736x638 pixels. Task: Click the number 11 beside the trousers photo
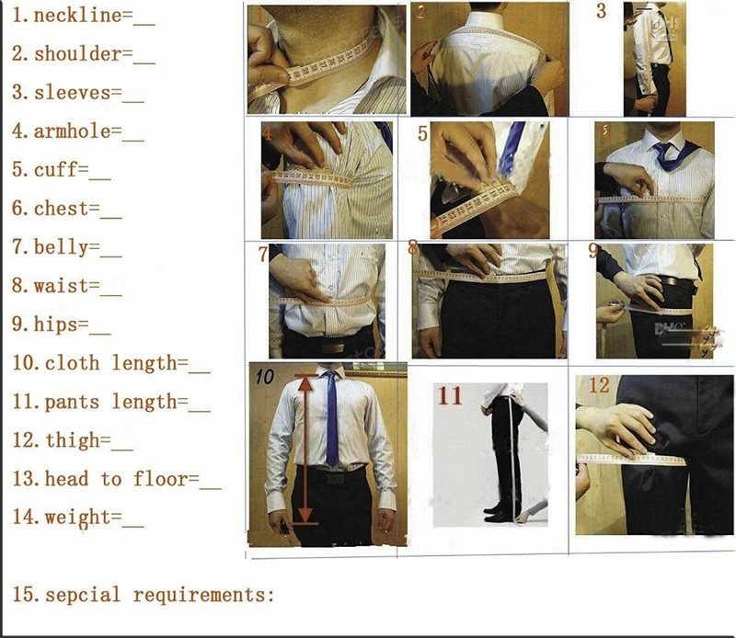(450, 396)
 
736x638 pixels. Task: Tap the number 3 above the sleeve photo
(602, 12)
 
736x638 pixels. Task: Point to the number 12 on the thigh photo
(599, 386)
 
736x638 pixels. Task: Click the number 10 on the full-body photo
(264, 377)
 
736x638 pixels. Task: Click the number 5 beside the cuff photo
(422, 133)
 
